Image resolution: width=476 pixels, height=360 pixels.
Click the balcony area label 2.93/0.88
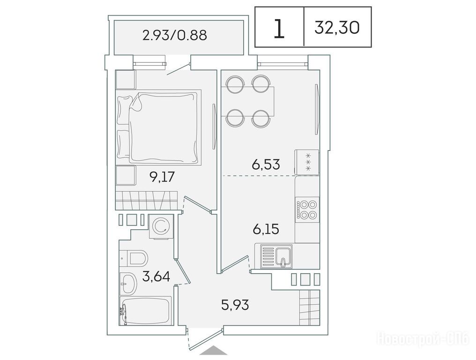coord(175,35)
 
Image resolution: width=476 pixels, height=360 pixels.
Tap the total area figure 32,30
coord(337,28)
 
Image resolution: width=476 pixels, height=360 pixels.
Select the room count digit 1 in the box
coord(279,28)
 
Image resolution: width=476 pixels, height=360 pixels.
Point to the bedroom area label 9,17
coord(163,176)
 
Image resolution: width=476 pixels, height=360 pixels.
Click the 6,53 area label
coord(266,164)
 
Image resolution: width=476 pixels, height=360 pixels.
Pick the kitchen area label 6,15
coord(266,229)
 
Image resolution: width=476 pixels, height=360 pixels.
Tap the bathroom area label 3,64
coord(156,276)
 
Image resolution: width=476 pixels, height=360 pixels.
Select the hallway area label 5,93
coord(235,304)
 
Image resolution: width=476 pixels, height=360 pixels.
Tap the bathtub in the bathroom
coord(146,310)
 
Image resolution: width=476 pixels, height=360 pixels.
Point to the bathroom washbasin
coord(128,283)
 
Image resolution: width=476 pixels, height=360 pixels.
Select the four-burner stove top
coord(307,210)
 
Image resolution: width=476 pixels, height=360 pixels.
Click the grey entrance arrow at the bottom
coord(214,350)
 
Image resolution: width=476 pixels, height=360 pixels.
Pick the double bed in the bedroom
coord(158,127)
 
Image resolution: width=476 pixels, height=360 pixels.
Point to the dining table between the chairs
coord(248,101)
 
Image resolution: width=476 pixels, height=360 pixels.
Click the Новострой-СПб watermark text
coord(423,338)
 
